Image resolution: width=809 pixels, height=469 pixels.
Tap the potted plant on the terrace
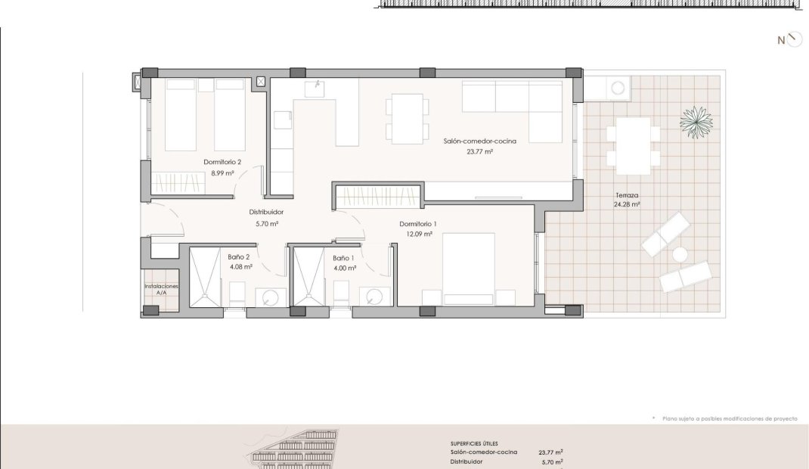[x=696, y=123]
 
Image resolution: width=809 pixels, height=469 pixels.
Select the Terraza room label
[x=627, y=195]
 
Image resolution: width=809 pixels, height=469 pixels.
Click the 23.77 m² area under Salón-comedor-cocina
[x=480, y=152]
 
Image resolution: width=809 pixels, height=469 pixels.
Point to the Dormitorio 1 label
[x=418, y=224]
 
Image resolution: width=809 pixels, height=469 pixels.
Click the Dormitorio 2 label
[x=222, y=162]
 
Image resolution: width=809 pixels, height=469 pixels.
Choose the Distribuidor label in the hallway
[x=266, y=212]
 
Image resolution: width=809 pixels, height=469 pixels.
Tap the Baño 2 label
[x=239, y=257]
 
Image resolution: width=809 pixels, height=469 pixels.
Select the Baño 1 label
[x=343, y=258]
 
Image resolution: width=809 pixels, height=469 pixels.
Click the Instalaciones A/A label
[x=162, y=290]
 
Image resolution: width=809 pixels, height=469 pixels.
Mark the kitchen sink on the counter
[x=315, y=89]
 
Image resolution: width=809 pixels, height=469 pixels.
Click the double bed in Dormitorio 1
[x=469, y=269]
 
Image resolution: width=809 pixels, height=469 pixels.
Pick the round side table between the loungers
[x=680, y=254]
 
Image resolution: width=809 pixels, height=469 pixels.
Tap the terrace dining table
[x=633, y=146]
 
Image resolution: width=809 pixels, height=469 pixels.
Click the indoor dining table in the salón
[x=407, y=119]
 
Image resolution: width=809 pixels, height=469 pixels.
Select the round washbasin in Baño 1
[x=374, y=297]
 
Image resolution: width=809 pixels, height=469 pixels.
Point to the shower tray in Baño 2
[x=206, y=278]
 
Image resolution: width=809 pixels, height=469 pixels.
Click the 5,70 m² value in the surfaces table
[x=552, y=462]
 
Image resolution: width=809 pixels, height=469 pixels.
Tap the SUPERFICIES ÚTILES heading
[x=474, y=444]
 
